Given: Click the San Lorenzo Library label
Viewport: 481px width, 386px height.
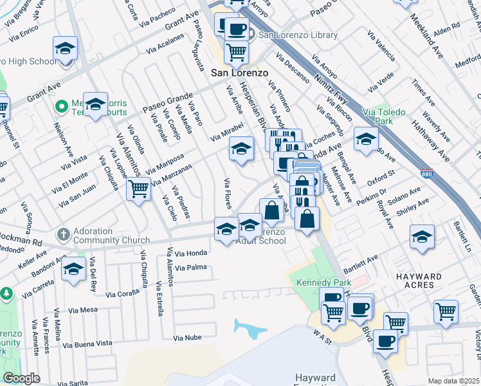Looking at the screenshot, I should click(x=298, y=35).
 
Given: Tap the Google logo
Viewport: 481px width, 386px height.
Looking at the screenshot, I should click(x=21, y=378).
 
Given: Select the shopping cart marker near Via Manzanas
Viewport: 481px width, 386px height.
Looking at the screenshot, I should click(x=138, y=189).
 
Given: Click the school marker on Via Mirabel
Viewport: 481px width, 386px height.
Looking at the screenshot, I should click(x=241, y=149).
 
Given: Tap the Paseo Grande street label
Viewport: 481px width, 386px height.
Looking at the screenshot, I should click(x=163, y=102).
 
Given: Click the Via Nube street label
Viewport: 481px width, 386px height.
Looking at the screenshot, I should click(x=187, y=338).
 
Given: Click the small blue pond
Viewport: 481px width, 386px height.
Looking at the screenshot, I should click(x=250, y=329).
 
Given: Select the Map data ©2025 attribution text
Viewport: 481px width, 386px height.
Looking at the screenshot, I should click(x=453, y=381).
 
